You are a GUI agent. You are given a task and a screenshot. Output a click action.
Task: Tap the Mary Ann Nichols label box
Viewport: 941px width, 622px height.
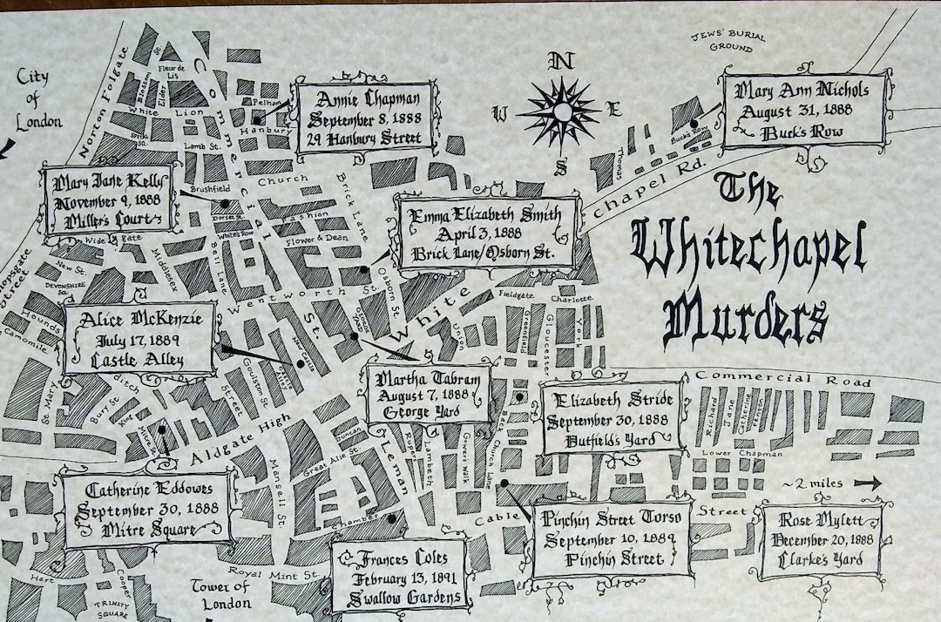805,111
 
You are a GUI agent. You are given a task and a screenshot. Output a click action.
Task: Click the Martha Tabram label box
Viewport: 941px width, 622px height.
427,393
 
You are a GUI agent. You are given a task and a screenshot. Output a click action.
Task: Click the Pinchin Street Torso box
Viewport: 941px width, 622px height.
611,538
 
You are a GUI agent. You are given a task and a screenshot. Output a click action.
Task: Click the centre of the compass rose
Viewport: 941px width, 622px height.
562,112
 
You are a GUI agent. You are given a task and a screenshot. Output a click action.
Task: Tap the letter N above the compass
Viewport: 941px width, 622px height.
562,61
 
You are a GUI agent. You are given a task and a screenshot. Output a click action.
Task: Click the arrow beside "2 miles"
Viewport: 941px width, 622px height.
867,483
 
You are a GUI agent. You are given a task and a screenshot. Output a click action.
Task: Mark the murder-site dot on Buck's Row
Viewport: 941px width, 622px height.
694,125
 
